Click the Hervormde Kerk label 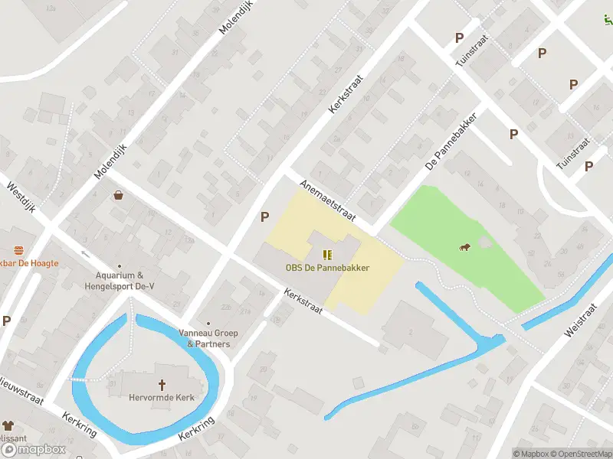click(x=162, y=397)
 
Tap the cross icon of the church click(x=162, y=384)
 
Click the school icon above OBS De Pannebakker click(x=328, y=255)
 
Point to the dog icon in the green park click(x=464, y=246)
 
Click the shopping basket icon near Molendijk click(x=119, y=195)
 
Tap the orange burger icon click(x=18, y=251)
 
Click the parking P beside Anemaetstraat click(x=264, y=216)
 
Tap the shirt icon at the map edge click(x=8, y=425)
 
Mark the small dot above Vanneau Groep click(x=208, y=324)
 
